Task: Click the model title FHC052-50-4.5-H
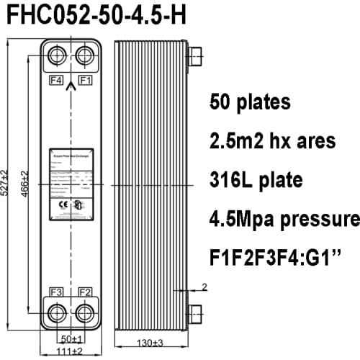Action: coord(94,15)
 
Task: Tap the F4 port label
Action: coord(55,79)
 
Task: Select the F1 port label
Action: coord(85,79)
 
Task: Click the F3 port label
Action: coord(55,292)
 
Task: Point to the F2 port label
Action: coord(85,292)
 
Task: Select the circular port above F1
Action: coord(85,57)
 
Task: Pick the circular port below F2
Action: coord(85,313)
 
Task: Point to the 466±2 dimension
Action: coord(26,184)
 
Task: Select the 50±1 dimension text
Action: coord(70,338)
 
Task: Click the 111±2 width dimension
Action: coord(70,351)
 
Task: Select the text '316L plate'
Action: coord(256,179)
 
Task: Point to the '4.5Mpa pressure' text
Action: coord(284,217)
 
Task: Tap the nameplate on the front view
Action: coord(71,185)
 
